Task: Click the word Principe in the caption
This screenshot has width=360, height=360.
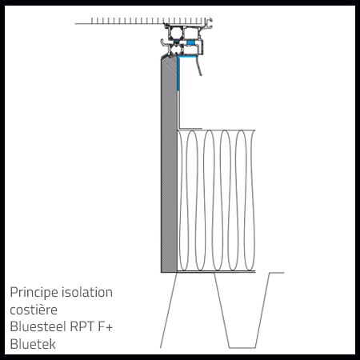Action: pos(34,293)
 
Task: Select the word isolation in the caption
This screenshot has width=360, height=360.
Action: pos(87,292)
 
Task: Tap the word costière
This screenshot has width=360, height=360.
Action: pos(34,310)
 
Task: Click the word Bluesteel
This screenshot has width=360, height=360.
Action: pos(38,326)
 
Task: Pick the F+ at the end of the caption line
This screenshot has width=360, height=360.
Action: pos(106,326)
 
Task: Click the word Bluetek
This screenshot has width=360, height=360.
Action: pos(33,344)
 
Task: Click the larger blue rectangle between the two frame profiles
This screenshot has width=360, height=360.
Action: pos(190,42)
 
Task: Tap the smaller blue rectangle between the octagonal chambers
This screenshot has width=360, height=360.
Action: pos(176,42)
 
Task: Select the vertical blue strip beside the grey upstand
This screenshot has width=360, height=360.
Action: pos(178,74)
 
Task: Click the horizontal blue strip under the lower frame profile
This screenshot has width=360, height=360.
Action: pos(187,56)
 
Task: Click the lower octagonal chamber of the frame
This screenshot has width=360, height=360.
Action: pos(176,50)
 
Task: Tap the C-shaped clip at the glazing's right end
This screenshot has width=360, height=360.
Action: pos(210,22)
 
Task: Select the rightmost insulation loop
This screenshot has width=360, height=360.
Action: pos(249,200)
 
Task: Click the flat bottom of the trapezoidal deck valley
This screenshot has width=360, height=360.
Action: pos(242,348)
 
